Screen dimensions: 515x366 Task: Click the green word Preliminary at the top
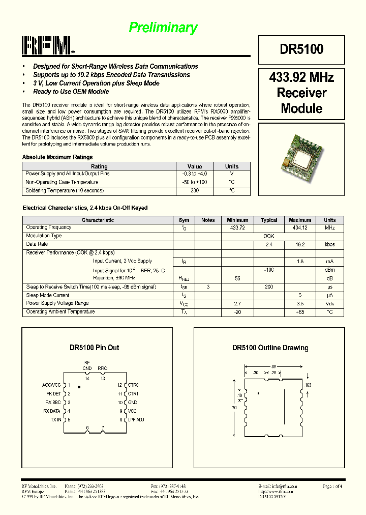point(163,27)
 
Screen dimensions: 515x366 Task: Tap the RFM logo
point(48,46)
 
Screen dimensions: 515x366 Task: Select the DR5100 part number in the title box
point(301,49)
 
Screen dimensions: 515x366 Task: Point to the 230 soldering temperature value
point(195,191)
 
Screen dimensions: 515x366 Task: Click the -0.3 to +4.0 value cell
point(195,174)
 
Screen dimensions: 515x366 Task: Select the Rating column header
point(99,166)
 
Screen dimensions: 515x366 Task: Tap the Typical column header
point(269,220)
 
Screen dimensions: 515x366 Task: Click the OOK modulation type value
point(269,236)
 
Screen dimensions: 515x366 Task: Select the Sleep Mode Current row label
point(48,295)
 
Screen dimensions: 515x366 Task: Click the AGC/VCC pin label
point(51,385)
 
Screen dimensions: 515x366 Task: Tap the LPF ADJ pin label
point(136,420)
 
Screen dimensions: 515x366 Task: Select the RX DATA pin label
point(52,411)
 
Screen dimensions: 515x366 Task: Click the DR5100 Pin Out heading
point(95,348)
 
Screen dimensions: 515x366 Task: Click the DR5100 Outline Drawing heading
point(270,348)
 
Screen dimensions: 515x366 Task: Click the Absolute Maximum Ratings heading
point(57,157)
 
